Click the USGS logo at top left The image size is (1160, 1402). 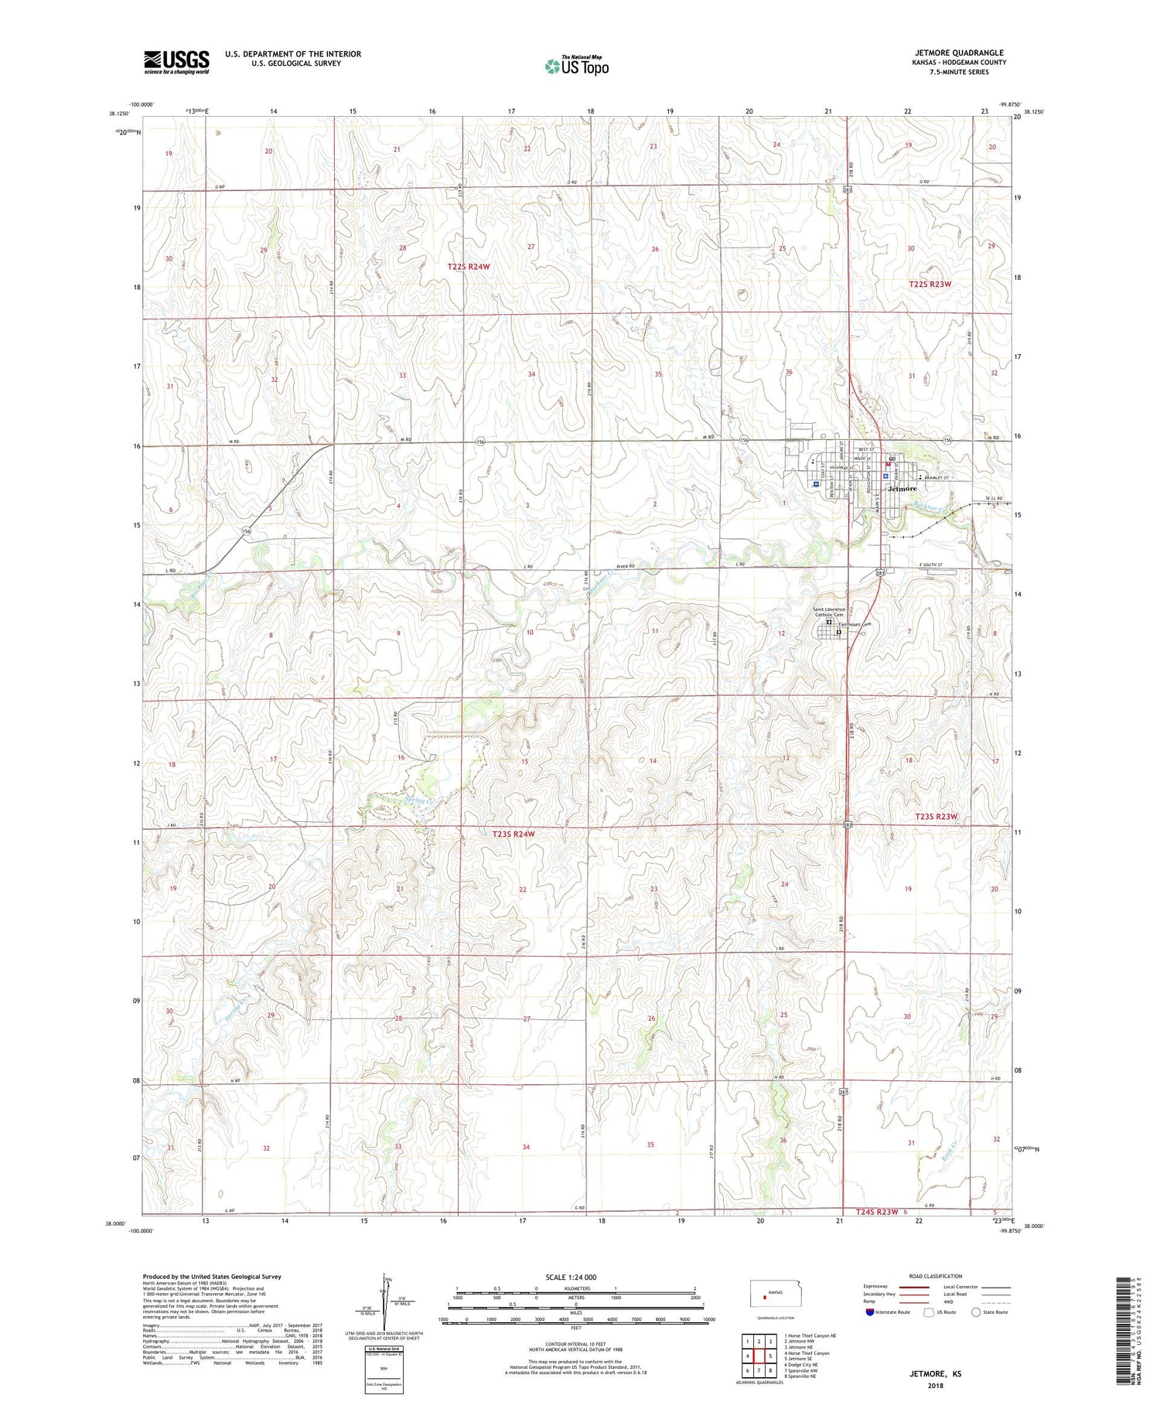[x=176, y=62]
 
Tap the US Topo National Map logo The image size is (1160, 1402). [x=576, y=66]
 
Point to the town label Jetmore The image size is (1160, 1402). [x=902, y=489]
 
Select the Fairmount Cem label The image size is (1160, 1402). [x=855, y=624]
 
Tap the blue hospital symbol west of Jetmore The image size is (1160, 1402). [x=817, y=484]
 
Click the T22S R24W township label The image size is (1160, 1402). [x=469, y=267]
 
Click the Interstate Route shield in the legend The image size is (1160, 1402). [x=869, y=1312]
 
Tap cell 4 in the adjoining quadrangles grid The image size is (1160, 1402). [x=748, y=1356]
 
